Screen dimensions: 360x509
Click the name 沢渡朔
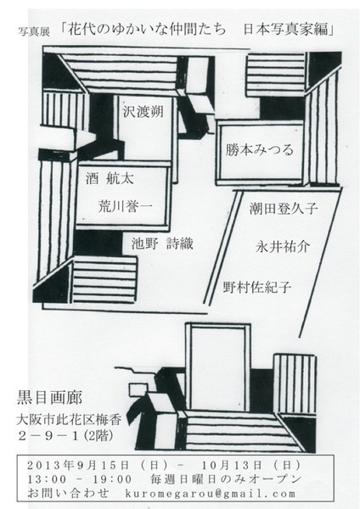pos(143,111)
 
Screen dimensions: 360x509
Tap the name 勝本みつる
pos(260,149)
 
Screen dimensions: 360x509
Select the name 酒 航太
pos(110,178)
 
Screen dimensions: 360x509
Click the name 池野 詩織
pos(162,243)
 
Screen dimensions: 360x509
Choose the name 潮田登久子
pos(284,208)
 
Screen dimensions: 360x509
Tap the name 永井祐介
pos(283,247)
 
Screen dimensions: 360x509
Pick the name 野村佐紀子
pos(256,288)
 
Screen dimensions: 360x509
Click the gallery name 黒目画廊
pos(49,398)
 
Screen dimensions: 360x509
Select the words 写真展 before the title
pos(34,32)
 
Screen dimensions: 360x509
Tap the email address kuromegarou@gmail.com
pos(211,494)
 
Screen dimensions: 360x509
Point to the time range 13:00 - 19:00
pos(80,479)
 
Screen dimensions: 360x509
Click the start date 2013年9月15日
pos(78,465)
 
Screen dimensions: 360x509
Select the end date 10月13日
pos(232,465)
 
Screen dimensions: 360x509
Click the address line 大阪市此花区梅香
pos(69,420)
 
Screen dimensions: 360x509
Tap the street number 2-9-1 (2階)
pos(66,436)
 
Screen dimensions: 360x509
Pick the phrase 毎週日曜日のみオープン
pos(226,479)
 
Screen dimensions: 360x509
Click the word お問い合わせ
pos(68,494)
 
